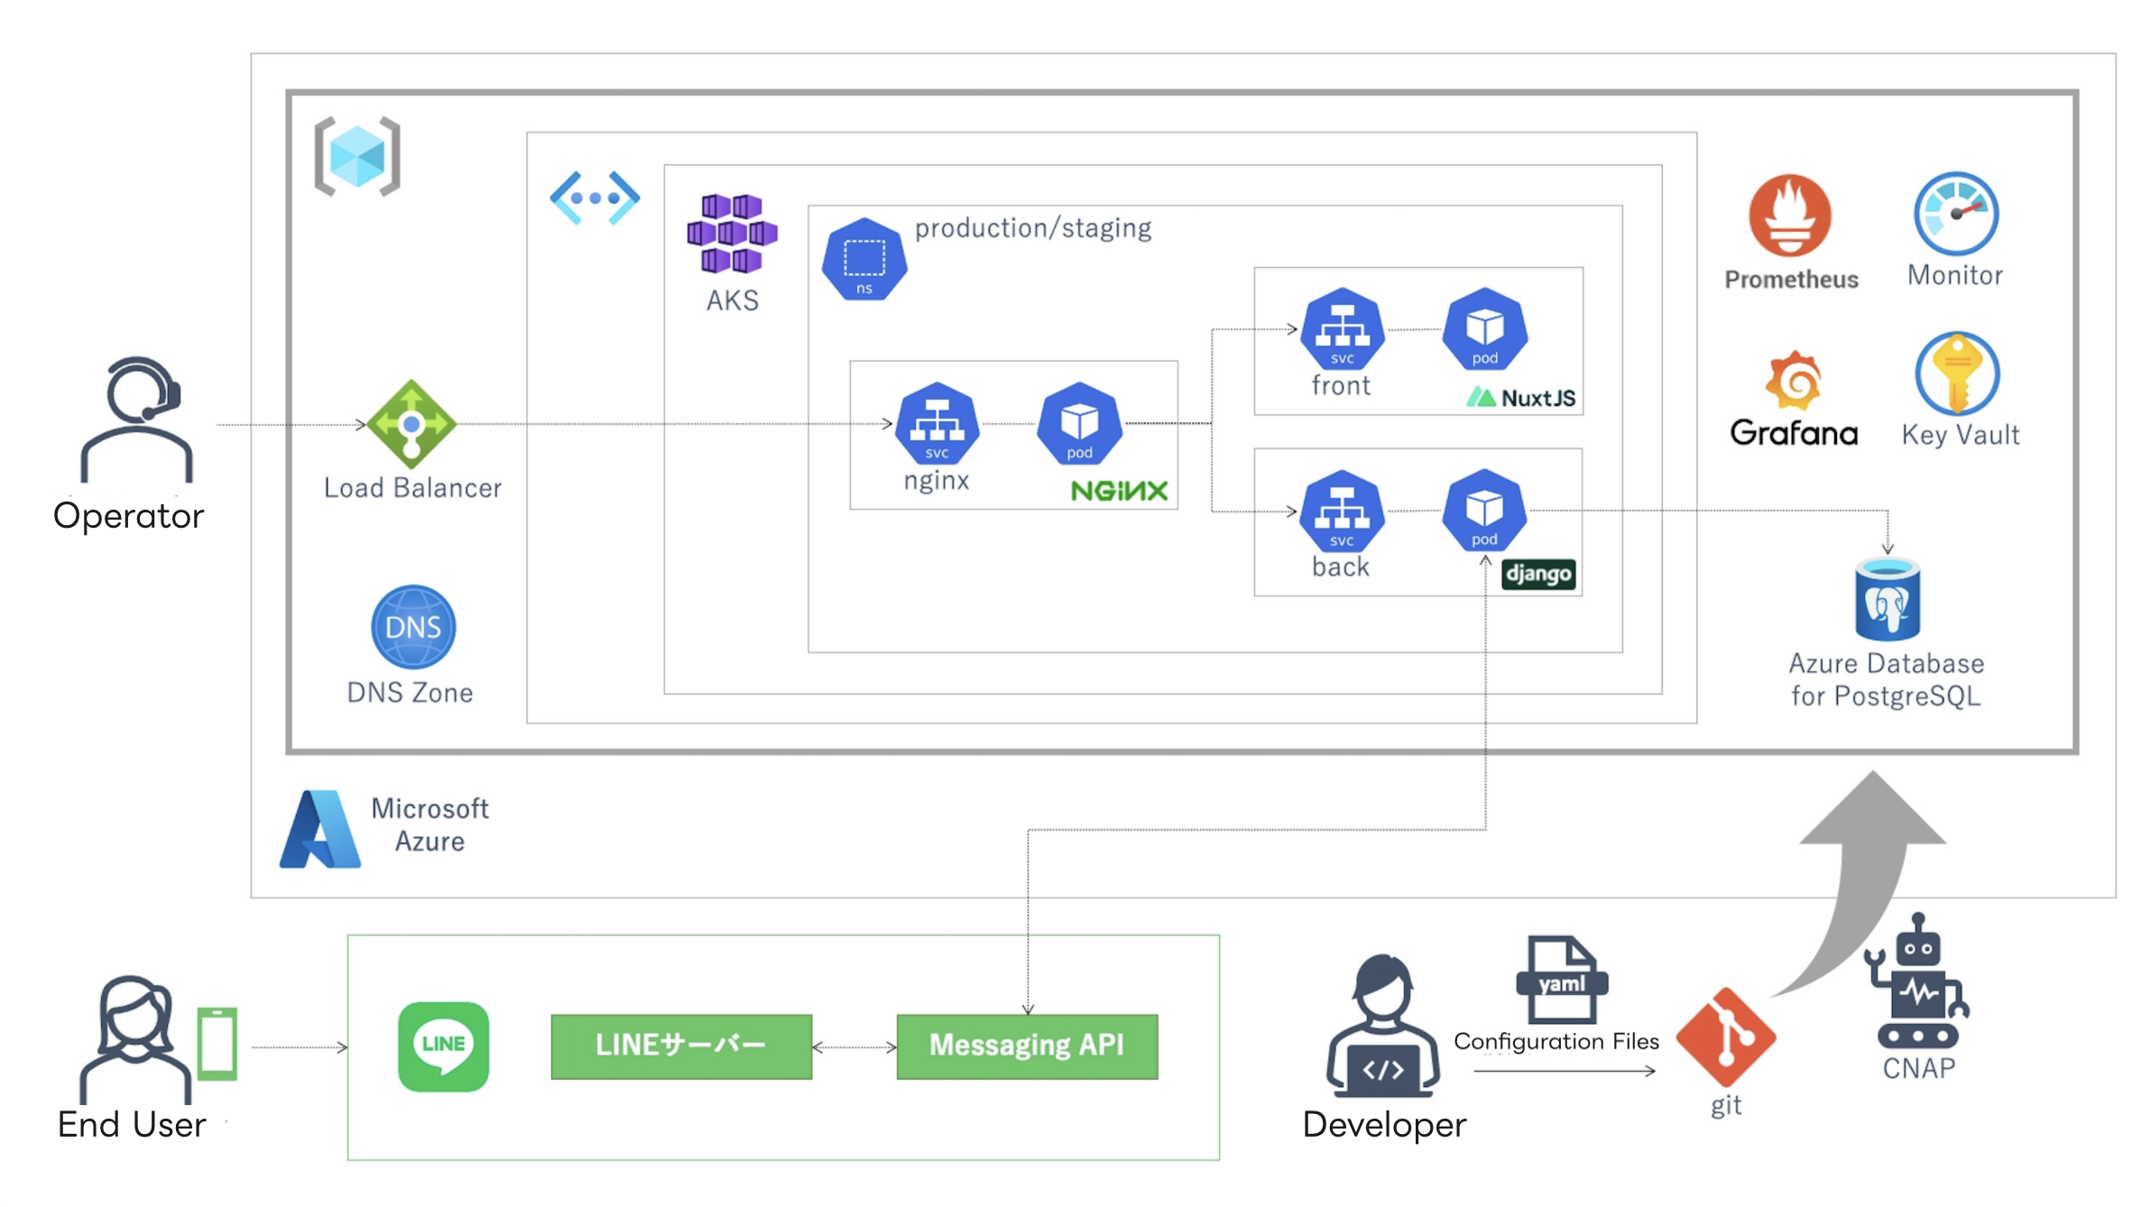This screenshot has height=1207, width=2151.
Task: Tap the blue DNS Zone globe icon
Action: [x=413, y=627]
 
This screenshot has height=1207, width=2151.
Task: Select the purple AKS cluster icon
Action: [x=732, y=233]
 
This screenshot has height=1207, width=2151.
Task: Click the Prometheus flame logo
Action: [x=1790, y=217]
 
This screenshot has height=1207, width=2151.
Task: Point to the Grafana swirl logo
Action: [x=1794, y=380]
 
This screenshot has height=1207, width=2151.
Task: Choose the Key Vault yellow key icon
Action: [x=1957, y=373]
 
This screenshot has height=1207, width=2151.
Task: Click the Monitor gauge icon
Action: [x=1956, y=215]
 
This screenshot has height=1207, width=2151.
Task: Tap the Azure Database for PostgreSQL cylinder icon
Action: [x=1888, y=599]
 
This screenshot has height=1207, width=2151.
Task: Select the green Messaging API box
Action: [x=1027, y=1046]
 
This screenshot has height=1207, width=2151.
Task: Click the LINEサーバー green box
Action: [x=681, y=1046]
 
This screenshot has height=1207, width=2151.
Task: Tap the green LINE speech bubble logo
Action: [x=443, y=1046]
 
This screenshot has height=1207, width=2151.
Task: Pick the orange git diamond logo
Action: [x=1725, y=1037]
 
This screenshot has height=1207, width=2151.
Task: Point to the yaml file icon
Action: [x=1562, y=980]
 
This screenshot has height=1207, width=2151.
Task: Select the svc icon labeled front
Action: [x=1342, y=330]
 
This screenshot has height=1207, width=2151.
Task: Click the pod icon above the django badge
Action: [x=1484, y=511]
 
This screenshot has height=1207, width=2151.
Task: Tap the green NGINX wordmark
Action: [x=1119, y=491]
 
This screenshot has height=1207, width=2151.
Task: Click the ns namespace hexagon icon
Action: [x=863, y=260]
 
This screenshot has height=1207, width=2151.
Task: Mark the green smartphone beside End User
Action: [x=217, y=1044]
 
